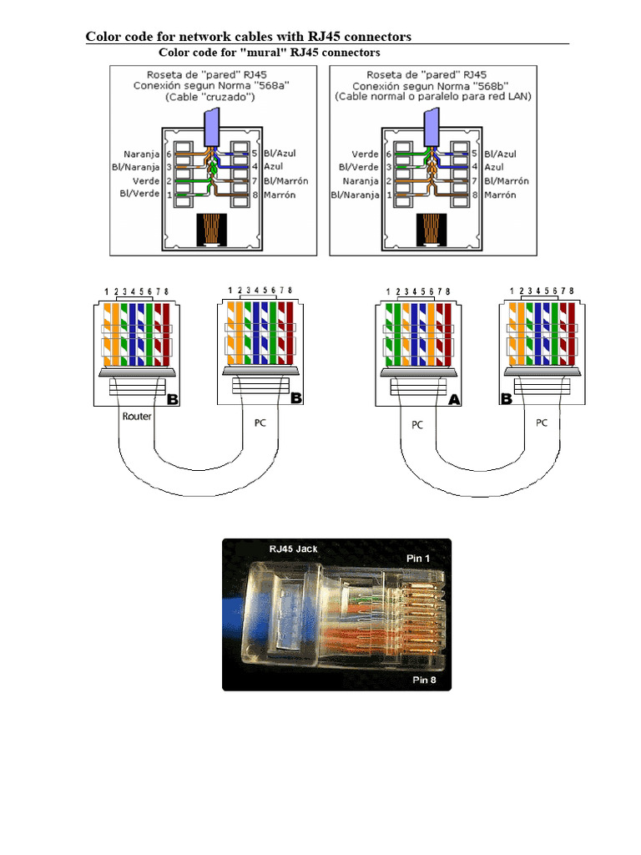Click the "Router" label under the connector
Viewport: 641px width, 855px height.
pyautogui.click(x=137, y=416)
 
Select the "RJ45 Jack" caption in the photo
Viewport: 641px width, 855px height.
pyautogui.click(x=293, y=549)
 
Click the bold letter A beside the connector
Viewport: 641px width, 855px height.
pyautogui.click(x=455, y=400)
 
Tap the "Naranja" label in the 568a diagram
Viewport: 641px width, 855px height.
pyautogui.click(x=142, y=154)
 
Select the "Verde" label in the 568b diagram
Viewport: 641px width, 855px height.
pyautogui.click(x=365, y=154)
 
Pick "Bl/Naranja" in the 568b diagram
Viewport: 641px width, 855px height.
pyautogui.click(x=354, y=195)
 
